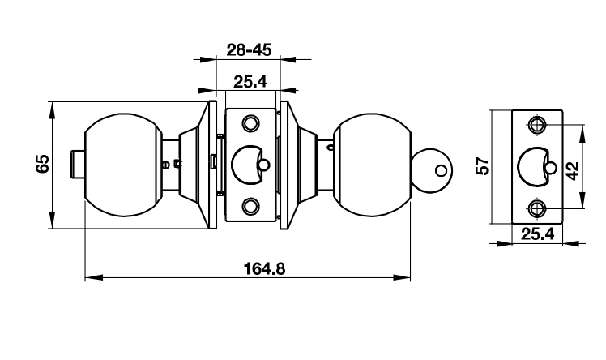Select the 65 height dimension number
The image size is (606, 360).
click(x=43, y=165)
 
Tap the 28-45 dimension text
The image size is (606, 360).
click(x=248, y=50)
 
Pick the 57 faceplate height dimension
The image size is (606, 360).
click(x=482, y=166)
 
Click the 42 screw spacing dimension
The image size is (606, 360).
click(x=572, y=169)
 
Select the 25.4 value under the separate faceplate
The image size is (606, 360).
click(x=536, y=234)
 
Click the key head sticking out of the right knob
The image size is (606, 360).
click(x=433, y=171)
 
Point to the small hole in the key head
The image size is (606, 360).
click(x=440, y=171)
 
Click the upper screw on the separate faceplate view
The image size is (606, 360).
click(x=536, y=125)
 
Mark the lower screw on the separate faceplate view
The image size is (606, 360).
click(x=536, y=208)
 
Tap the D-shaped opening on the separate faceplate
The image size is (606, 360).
click(x=532, y=167)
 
